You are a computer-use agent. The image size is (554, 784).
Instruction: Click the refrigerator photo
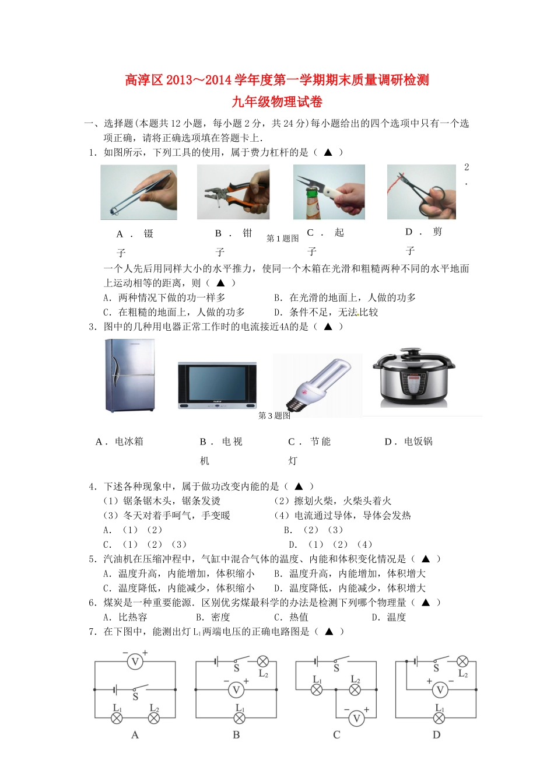click(x=130, y=376)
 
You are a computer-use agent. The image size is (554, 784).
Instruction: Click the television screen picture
click(x=217, y=386)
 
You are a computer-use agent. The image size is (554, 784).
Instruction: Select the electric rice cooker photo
click(x=413, y=379)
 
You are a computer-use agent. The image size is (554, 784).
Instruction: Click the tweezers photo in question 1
click(x=139, y=192)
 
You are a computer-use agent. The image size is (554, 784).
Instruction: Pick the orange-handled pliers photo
click(x=233, y=192)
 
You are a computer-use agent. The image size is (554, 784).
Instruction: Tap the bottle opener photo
click(x=329, y=192)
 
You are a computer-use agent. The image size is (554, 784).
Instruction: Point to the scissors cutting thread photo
click(x=422, y=192)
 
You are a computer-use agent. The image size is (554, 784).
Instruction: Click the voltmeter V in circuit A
click(x=135, y=661)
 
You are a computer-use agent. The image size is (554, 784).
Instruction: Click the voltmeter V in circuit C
click(x=356, y=719)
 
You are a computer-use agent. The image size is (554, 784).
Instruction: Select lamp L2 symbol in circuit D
click(x=462, y=661)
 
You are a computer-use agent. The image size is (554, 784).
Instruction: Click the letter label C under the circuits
click(x=336, y=735)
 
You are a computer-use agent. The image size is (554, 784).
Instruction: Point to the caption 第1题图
click(x=283, y=239)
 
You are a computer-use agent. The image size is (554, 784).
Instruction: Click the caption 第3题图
click(x=275, y=416)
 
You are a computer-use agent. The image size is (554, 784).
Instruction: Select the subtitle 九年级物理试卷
click(x=277, y=102)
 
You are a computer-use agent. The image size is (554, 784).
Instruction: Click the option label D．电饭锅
click(x=409, y=442)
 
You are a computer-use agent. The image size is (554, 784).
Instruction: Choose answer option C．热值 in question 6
click(x=292, y=617)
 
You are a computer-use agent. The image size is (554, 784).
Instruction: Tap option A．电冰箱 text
click(x=120, y=442)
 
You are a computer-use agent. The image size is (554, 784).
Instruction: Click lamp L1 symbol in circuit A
click(x=117, y=718)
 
